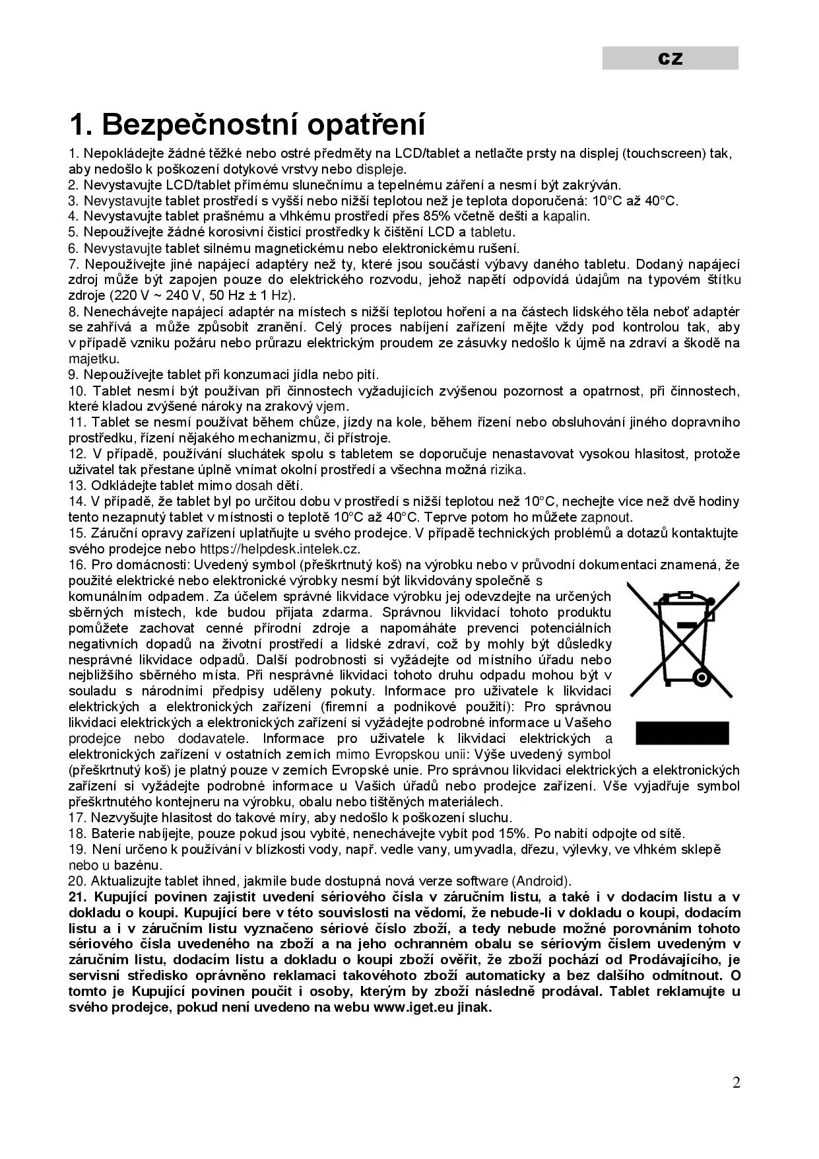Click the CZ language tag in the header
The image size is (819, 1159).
pos(670,59)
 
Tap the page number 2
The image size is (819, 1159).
pos(737,1082)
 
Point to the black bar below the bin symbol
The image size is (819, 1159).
pos(682,733)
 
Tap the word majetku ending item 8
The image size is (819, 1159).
pos(94,359)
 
